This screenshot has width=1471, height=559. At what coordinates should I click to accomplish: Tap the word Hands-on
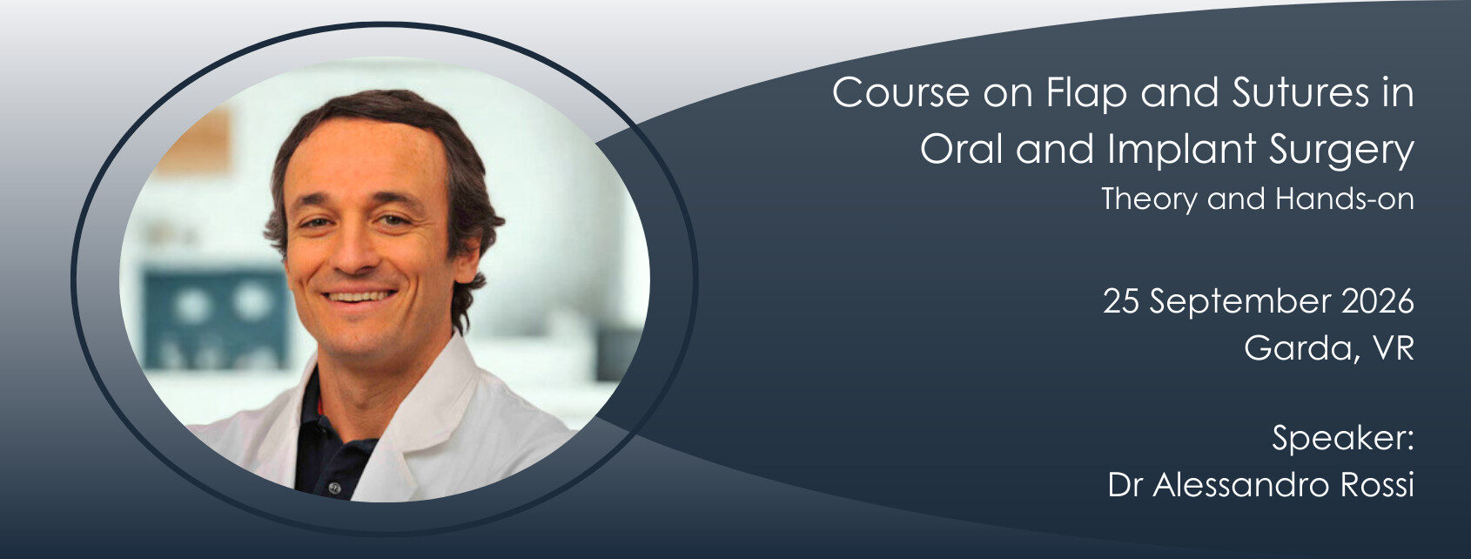1344,199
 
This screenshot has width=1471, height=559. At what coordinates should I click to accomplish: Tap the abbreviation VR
1393,349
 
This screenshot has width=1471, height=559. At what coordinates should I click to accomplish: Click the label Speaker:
1342,438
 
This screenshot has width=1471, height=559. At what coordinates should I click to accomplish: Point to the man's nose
352,253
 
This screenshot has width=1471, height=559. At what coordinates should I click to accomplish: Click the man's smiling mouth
359,298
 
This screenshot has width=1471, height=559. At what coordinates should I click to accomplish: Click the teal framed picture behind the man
214,318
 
